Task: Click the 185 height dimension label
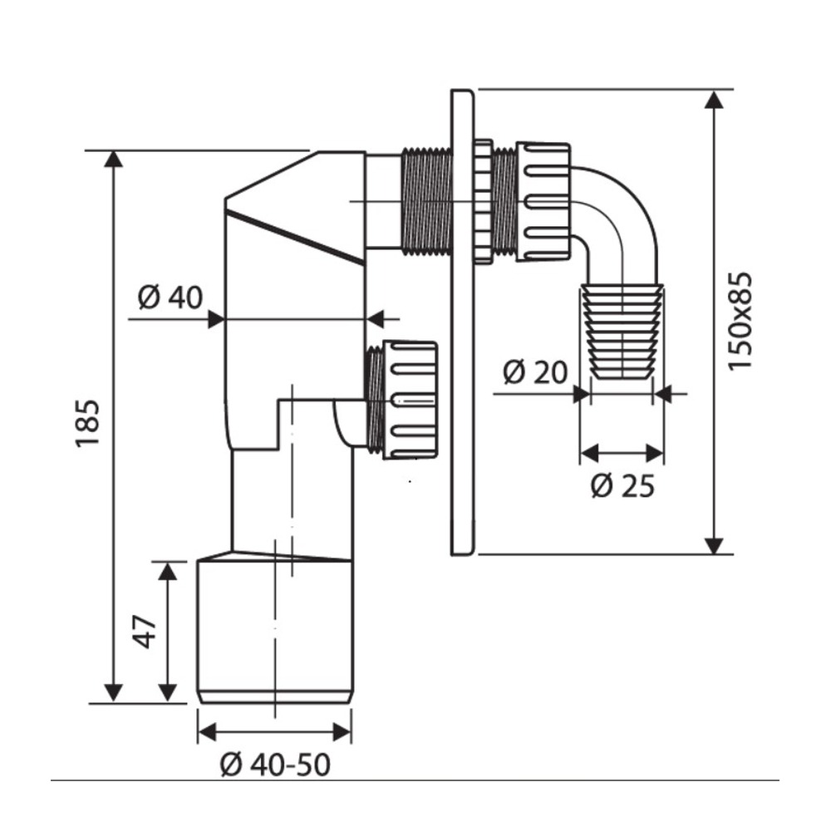[87, 424]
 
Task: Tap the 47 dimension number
[145, 632]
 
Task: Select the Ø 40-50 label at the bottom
[275, 765]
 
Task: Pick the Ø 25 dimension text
[622, 485]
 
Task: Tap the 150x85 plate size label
[740, 321]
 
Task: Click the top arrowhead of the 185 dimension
[112, 159]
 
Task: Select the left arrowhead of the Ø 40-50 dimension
[207, 732]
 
